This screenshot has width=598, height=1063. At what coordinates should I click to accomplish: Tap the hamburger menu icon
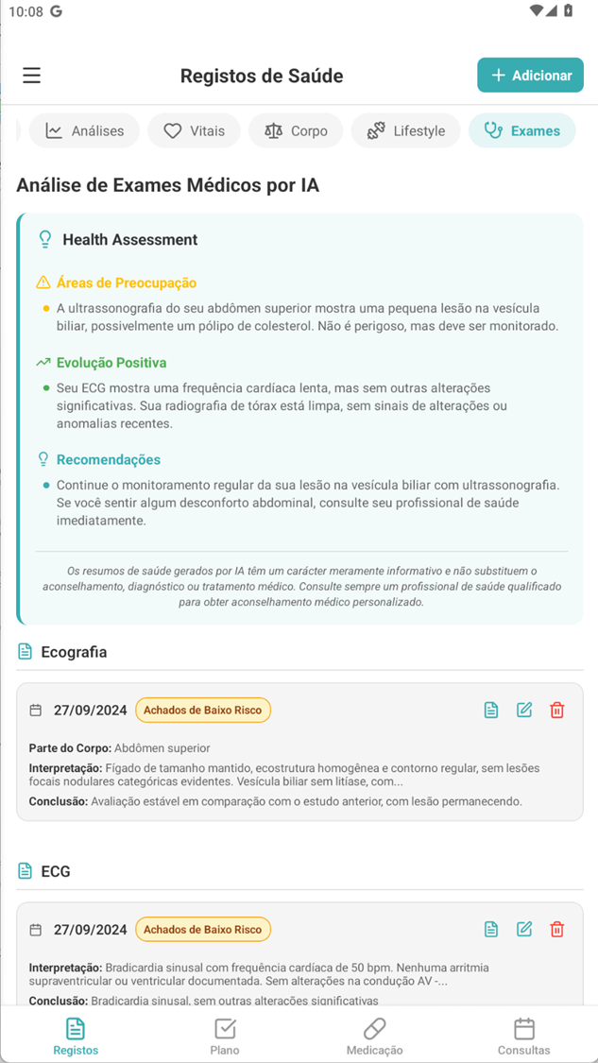point(32,76)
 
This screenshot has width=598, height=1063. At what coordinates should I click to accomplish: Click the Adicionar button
point(530,76)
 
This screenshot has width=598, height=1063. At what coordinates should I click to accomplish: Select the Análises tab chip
point(84,131)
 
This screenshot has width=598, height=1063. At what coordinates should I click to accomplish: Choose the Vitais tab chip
point(194,131)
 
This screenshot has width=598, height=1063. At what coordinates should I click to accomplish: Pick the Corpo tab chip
point(296,131)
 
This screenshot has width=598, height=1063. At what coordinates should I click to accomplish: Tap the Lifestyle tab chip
point(405,131)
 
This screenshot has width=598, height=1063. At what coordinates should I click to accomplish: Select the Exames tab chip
point(521,131)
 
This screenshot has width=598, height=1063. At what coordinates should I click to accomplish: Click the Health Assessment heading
point(129,240)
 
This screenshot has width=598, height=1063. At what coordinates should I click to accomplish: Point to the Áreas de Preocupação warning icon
point(43,283)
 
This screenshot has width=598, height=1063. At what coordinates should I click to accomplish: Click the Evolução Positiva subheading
point(111,363)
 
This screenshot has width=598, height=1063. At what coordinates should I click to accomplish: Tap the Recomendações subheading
point(108,460)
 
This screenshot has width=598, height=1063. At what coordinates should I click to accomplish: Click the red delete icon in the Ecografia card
point(557,711)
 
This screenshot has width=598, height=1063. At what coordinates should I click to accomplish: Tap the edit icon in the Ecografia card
point(524,711)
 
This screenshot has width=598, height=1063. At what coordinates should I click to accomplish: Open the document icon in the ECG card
point(491,930)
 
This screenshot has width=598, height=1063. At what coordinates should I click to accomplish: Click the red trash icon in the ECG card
point(557,930)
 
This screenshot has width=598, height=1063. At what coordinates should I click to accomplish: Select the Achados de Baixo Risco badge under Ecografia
point(203,711)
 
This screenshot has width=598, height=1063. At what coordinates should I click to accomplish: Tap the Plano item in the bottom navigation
point(225,1036)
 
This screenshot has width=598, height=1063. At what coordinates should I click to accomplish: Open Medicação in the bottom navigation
point(374,1036)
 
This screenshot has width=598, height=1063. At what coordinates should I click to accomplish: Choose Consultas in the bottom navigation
point(523,1036)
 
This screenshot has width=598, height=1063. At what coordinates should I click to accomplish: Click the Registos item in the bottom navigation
point(76,1036)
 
